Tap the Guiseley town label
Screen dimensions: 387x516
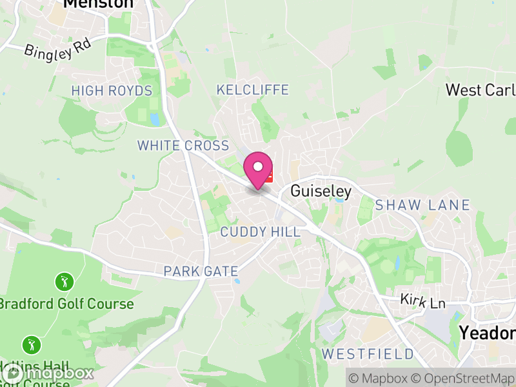click(321, 191)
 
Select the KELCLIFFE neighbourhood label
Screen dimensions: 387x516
click(252, 90)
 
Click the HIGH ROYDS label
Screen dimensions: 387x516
click(112, 91)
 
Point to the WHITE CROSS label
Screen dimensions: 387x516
click(183, 146)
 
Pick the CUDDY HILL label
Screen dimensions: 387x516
click(261, 232)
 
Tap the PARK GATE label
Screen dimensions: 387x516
click(201, 271)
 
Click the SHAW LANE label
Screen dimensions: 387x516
click(422, 205)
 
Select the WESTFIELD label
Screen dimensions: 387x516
click(368, 353)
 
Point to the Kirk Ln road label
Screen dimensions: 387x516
click(422, 301)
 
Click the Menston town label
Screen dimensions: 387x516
click(98, 4)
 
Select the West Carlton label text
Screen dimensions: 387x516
click(481, 90)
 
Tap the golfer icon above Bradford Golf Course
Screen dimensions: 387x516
click(64, 282)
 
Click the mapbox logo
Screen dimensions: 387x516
click(48, 373)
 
